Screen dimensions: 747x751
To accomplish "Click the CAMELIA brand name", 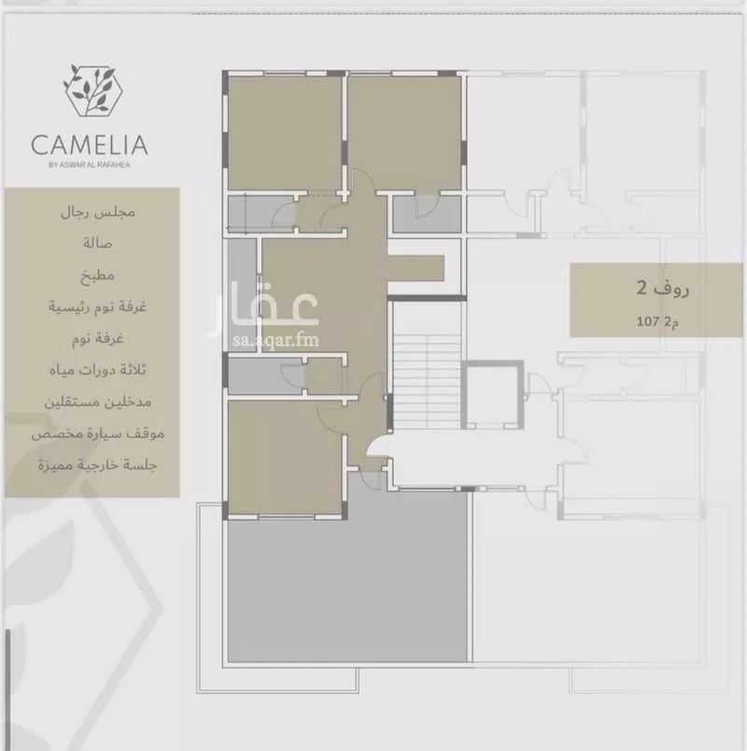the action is point(89,145).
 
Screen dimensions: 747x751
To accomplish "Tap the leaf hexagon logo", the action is point(92,91).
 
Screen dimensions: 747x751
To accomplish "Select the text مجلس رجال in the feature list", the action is point(98,212).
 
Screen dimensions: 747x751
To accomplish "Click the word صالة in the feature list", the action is point(97,243).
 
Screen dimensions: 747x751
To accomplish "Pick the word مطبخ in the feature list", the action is point(98,276).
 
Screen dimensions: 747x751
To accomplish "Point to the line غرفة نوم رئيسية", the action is point(98,306).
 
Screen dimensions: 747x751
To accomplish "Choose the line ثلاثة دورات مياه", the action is point(98,370).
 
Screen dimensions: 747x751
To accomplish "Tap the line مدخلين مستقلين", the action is point(98,402).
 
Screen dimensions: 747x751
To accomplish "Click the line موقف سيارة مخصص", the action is point(98,433).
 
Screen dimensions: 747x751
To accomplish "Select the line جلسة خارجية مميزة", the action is point(98,465).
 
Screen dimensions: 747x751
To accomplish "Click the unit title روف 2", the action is point(663,289).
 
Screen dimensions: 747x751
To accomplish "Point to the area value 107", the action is point(648,321).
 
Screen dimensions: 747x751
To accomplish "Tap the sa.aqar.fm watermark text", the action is point(275,340).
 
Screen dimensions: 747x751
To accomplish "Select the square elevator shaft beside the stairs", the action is point(492,394).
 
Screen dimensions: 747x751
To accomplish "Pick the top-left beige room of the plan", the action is point(285,133).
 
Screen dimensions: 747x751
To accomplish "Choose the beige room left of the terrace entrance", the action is point(286,458).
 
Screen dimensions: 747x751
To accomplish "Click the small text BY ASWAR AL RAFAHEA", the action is point(89,164).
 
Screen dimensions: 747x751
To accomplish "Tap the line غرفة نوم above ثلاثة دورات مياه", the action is point(98,338).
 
